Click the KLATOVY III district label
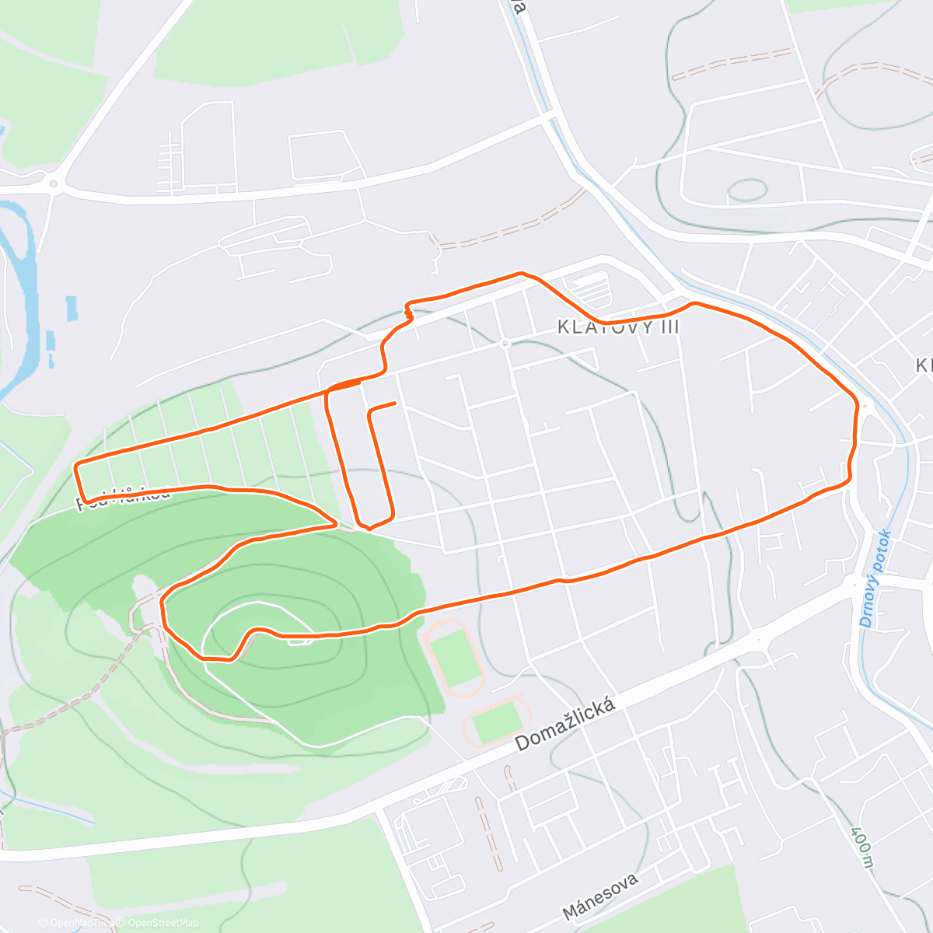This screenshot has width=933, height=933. coord(618,327)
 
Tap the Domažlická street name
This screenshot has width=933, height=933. coord(566,725)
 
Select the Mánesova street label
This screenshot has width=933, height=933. coord(600,896)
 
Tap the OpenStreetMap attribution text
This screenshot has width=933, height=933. coord(163,923)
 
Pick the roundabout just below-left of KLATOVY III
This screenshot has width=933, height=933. coord(505,343)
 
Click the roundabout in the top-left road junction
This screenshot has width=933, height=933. coord(53,184)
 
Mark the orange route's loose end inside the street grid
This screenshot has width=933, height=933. coord(396,403)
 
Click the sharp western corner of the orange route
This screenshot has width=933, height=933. coord(76,466)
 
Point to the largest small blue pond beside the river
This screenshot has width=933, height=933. coord(72,308)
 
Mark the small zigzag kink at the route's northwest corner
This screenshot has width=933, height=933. coord(407,312)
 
